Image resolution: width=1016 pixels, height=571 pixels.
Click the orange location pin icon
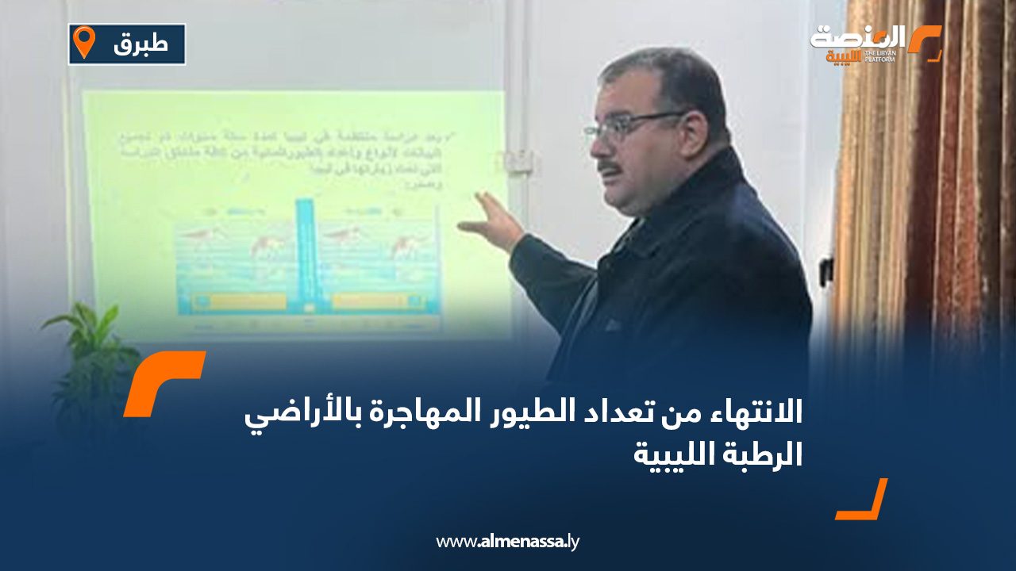[82, 43]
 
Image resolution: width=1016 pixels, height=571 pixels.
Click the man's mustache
[610, 167]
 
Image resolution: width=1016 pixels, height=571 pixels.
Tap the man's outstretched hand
[493, 221]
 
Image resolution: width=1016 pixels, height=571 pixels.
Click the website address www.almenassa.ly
[508, 542]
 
